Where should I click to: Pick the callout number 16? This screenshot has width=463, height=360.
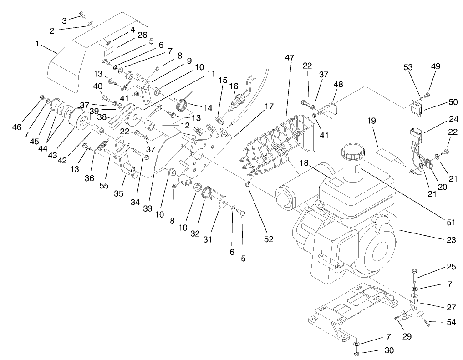(234, 86)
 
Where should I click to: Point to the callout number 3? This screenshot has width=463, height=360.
(65, 20)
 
